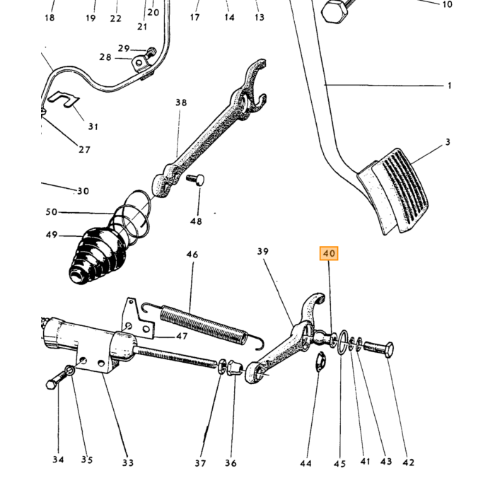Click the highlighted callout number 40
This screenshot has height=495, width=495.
[x=329, y=253]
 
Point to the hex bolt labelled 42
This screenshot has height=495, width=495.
[x=379, y=349]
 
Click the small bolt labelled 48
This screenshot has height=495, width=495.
[x=196, y=180]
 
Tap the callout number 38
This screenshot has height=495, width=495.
[x=181, y=103]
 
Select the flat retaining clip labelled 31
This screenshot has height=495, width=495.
[x=64, y=100]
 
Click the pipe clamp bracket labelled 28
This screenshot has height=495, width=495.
[x=140, y=64]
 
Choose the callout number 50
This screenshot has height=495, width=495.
[x=52, y=211]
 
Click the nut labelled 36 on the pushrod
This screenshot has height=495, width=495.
[x=235, y=368]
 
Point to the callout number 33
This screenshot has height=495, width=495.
[x=128, y=462]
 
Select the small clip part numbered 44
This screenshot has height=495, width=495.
[x=321, y=361]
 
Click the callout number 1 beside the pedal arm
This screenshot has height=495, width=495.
[x=449, y=86]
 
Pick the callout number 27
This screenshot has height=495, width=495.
[x=84, y=149]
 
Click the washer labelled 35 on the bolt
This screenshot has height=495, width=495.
[x=70, y=370]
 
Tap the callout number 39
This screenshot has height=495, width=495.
[x=262, y=251]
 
